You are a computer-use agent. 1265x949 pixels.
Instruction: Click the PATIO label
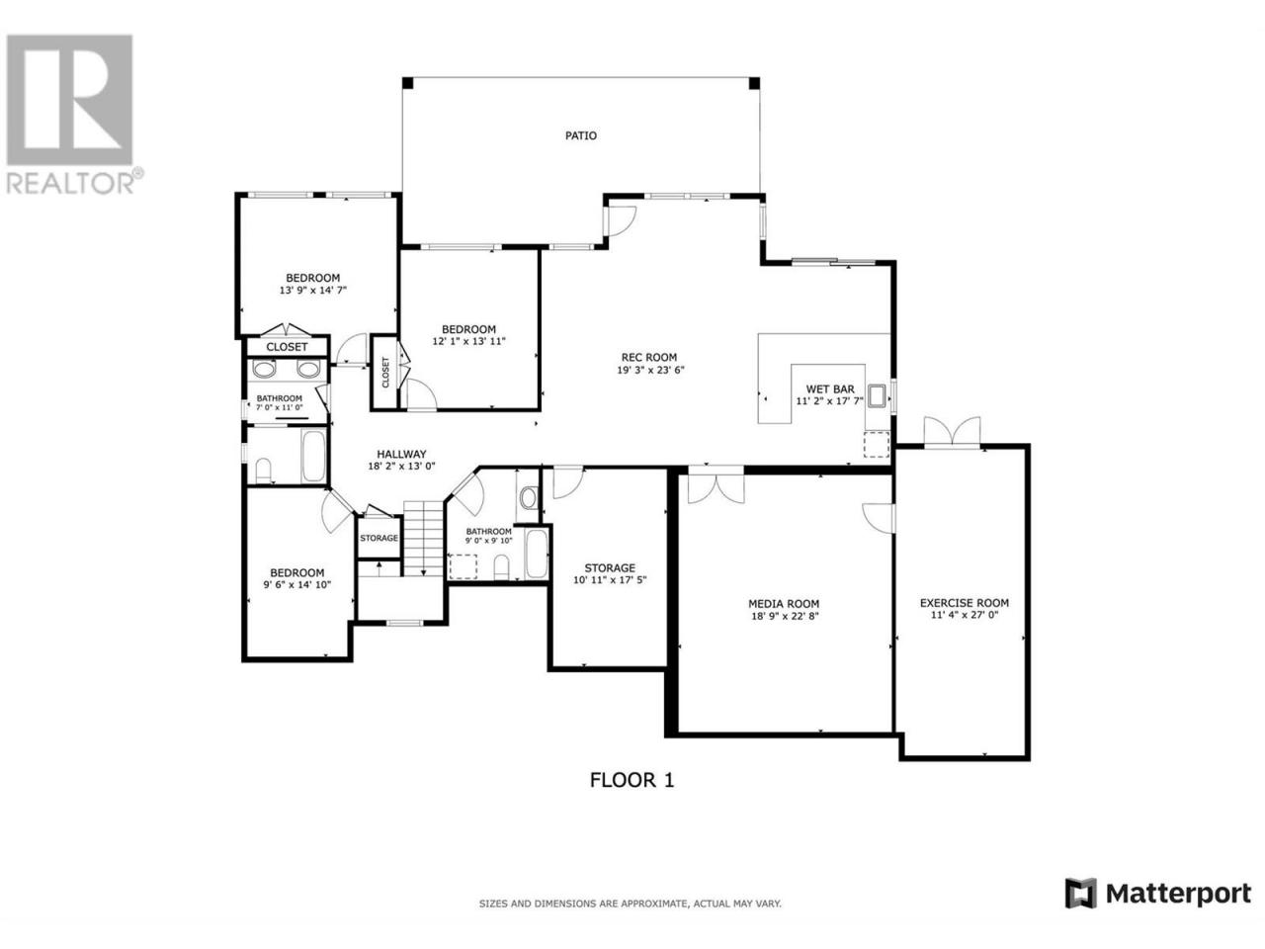coord(580,136)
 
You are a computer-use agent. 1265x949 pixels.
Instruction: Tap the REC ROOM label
coord(649,357)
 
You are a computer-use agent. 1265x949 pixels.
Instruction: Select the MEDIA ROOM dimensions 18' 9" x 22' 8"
coord(783,616)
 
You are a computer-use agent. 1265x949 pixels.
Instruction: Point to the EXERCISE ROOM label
coord(965,603)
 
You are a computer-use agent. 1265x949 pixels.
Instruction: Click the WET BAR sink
coord(878,396)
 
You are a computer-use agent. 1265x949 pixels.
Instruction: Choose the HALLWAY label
coord(401,454)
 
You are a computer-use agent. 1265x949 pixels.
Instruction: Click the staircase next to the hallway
coord(424,538)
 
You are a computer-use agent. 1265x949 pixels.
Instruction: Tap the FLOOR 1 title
coord(632,780)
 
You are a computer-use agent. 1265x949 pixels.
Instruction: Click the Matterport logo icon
coord(1080,909)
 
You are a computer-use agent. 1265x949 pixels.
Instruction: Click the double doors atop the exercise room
coord(952,431)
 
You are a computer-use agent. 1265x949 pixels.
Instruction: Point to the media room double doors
coord(716,487)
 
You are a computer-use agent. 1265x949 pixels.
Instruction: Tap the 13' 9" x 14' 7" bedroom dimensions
coord(313,291)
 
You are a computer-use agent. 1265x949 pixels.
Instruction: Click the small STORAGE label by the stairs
coord(379,538)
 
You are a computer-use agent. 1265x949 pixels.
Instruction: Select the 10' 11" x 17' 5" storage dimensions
coord(610,580)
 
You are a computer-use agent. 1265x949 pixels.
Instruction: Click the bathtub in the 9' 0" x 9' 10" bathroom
coord(537,554)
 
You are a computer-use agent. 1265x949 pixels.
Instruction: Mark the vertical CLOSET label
coord(385,372)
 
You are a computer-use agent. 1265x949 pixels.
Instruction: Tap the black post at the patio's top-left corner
coord(407,83)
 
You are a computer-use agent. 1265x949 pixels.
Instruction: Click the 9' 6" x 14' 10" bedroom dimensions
coord(297,585)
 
